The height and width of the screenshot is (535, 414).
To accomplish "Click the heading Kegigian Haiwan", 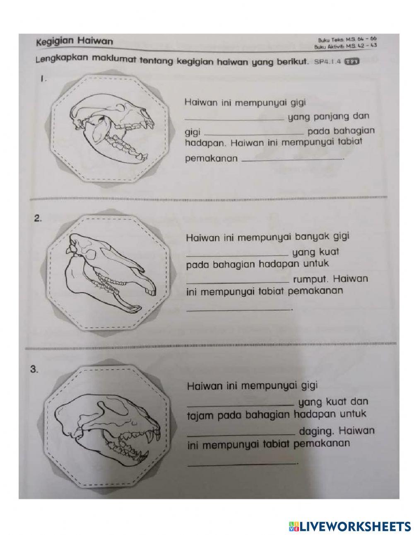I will click(74, 41).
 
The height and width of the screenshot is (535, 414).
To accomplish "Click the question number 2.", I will click(38, 220).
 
